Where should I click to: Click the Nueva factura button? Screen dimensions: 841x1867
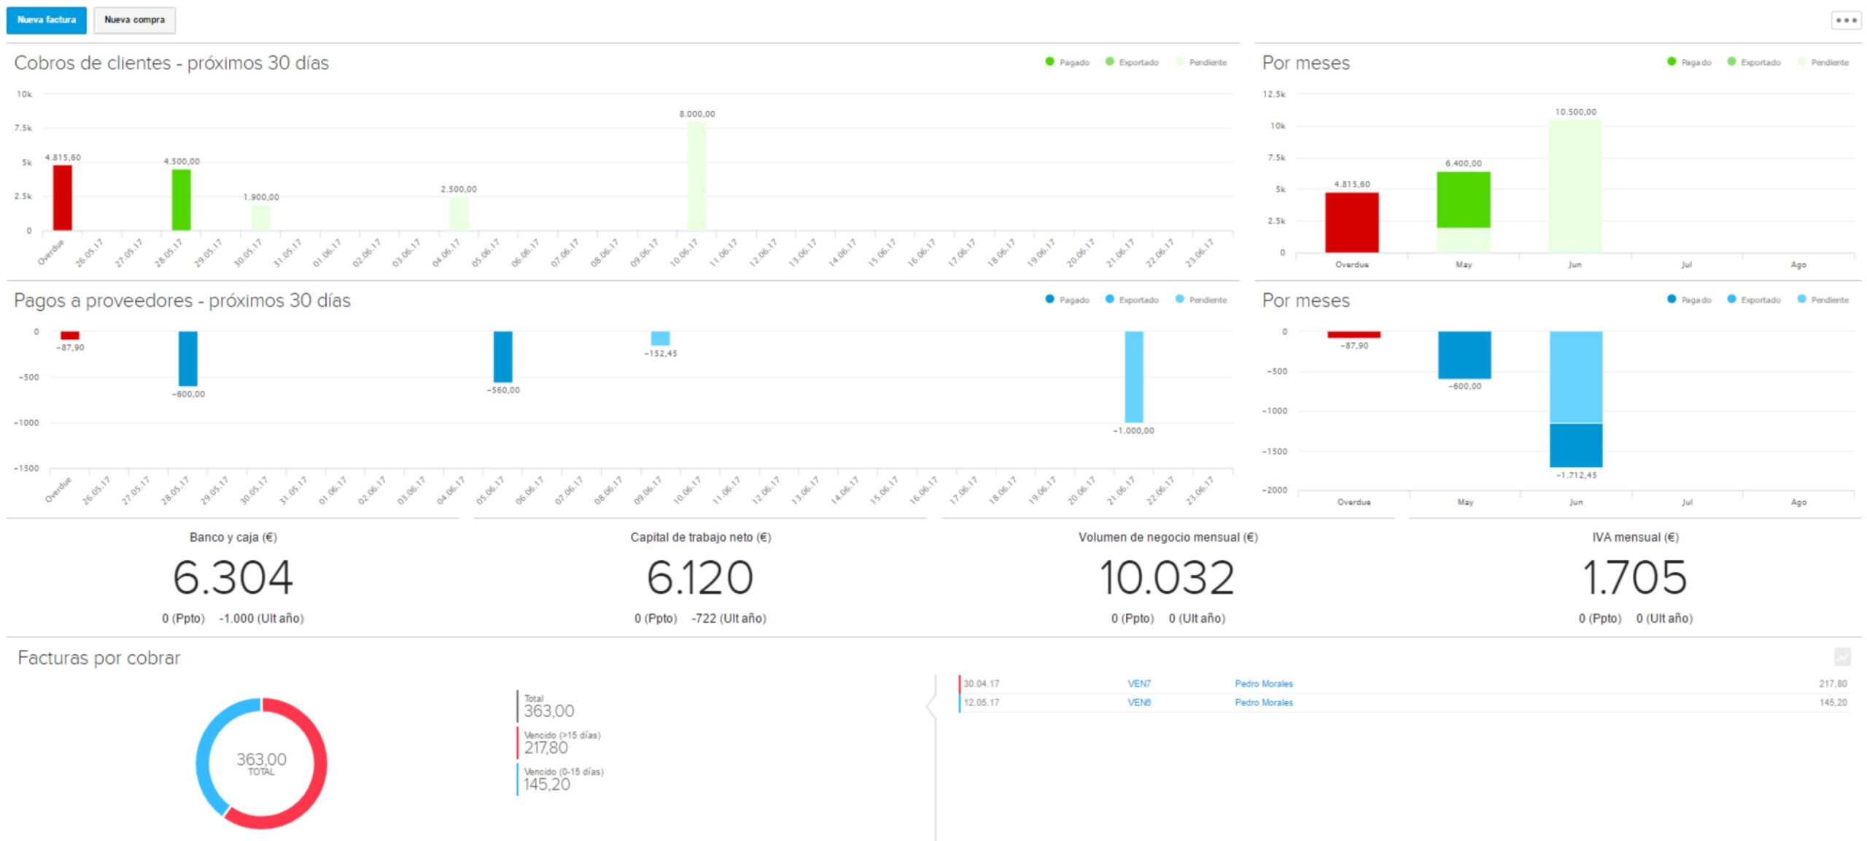click(46, 20)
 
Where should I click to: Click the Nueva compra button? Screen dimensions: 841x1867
click(134, 20)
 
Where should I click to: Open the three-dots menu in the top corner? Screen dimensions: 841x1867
click(1845, 20)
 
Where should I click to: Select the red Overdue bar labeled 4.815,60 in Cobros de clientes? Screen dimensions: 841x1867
click(63, 198)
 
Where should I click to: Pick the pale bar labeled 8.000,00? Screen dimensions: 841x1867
click(696, 176)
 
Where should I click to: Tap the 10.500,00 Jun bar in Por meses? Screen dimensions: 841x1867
click(1575, 186)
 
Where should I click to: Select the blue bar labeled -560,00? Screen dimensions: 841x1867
click(502, 356)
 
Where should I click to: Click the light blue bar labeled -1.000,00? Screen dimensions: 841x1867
click(1133, 376)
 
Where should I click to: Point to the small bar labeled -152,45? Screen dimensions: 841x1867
click(660, 338)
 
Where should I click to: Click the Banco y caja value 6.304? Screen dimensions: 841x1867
click(233, 578)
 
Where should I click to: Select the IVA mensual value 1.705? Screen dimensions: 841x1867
click(1634, 578)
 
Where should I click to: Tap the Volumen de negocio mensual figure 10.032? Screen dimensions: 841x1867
click(1167, 578)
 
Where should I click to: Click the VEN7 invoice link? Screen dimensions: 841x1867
click(1138, 683)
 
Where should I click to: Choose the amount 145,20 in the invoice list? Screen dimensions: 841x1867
click(1832, 702)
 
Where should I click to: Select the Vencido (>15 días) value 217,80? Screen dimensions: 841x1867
click(546, 748)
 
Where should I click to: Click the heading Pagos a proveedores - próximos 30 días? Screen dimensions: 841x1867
click(182, 301)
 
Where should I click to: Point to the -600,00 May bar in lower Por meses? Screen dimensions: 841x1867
click(1464, 354)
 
